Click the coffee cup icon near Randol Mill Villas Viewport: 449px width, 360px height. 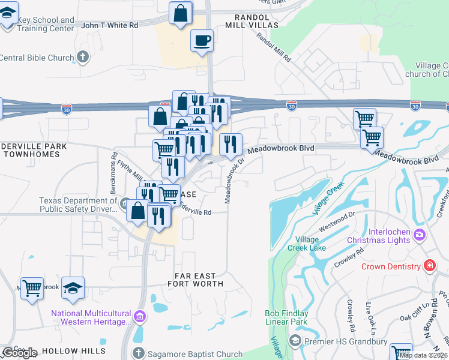[x=202, y=41]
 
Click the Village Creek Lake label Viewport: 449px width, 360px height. [x=310, y=243]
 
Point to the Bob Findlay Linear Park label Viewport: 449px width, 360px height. [x=286, y=317]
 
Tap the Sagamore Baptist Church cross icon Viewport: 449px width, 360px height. [x=138, y=353]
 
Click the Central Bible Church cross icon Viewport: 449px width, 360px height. [x=82, y=58]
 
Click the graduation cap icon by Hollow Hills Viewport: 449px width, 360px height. [x=73, y=287]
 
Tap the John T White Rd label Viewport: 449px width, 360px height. [x=109, y=25]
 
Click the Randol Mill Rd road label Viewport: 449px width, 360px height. [x=273, y=47]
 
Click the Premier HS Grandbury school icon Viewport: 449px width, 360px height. [x=295, y=340]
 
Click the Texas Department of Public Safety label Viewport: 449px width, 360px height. [x=78, y=205]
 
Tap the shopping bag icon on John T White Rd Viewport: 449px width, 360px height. [x=180, y=13]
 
